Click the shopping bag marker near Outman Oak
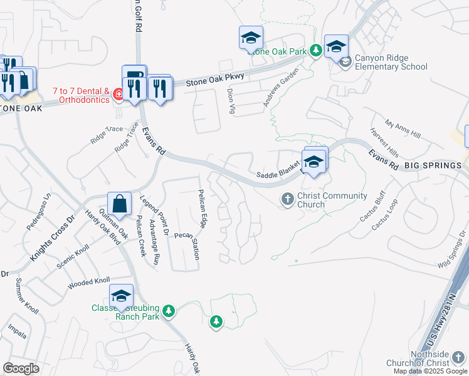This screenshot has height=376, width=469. pyautogui.click(x=119, y=204)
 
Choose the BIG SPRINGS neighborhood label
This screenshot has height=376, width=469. pyautogui.click(x=433, y=165)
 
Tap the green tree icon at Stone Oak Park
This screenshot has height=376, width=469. pyautogui.click(x=317, y=50)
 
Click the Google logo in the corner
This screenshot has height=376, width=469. pyautogui.click(x=21, y=368)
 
